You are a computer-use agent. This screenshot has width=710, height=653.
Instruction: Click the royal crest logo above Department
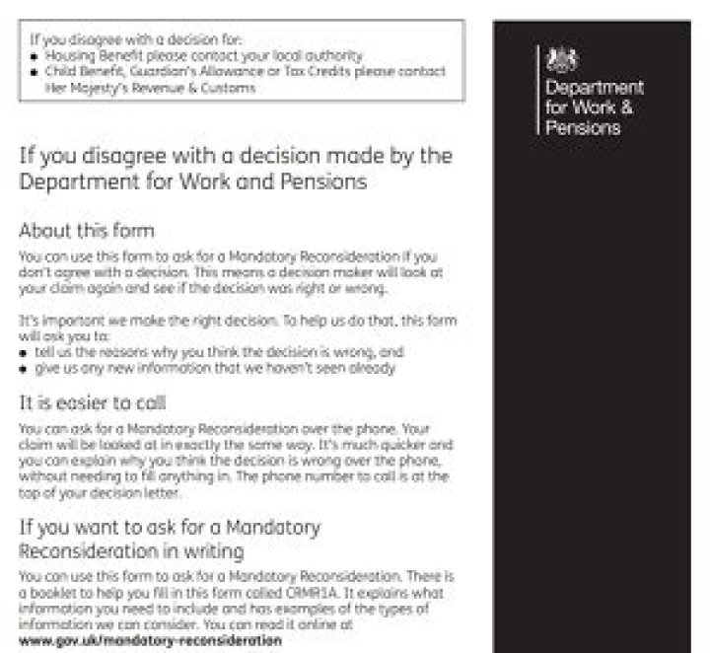point(557,58)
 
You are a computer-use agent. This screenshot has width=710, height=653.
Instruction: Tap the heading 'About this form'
point(87,231)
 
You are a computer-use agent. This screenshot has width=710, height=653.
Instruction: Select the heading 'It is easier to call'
point(93,402)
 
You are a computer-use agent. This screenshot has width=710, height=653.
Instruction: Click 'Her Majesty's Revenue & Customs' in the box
point(152,88)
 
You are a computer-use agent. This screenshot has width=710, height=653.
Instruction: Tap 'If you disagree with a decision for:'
point(122,40)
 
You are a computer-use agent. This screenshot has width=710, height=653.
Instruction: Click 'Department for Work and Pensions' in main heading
point(193,181)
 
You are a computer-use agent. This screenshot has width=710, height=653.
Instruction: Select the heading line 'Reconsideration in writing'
point(131,551)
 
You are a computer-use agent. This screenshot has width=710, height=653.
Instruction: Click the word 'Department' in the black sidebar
point(594,89)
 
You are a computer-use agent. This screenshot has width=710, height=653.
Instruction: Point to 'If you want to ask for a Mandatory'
point(170,527)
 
